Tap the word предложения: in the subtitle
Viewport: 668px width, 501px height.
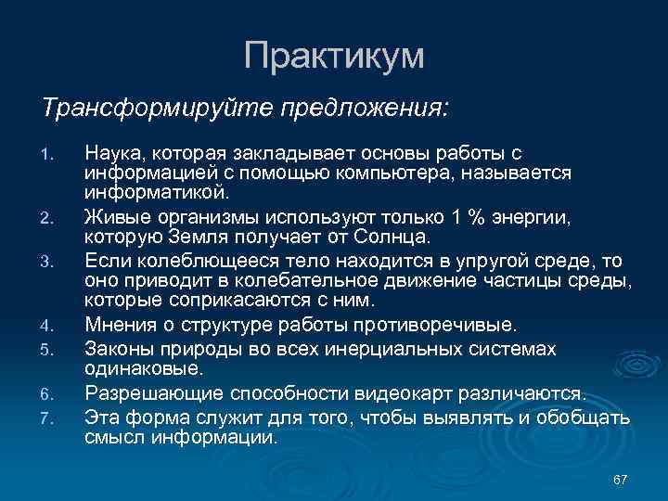363,109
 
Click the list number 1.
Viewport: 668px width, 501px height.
53,153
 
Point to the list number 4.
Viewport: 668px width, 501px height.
53,326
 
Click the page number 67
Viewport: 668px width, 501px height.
621,479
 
